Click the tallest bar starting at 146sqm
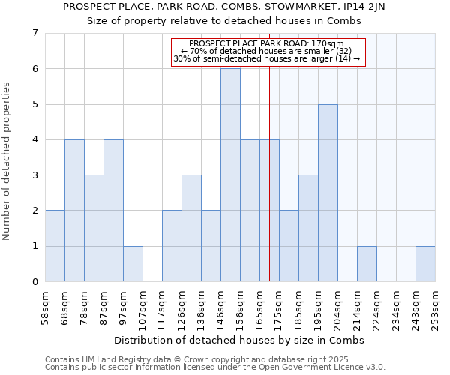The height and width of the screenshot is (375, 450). (230, 175)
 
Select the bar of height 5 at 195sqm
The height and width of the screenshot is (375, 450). (328, 193)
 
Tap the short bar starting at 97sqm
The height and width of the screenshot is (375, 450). (133, 263)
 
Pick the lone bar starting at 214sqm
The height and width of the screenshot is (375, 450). (367, 263)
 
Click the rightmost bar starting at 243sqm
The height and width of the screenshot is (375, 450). (425, 263)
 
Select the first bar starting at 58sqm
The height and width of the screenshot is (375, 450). (55, 246)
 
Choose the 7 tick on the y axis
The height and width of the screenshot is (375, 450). (34, 33)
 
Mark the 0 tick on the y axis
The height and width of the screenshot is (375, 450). (34, 282)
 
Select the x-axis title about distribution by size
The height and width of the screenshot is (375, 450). (240, 340)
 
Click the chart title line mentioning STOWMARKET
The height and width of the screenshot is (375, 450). (224, 7)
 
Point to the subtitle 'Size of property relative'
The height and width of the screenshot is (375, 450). (224, 21)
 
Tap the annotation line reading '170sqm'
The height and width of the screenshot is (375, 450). (267, 43)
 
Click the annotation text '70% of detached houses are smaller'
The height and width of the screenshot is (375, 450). (267, 51)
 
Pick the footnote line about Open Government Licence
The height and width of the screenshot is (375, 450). (215, 367)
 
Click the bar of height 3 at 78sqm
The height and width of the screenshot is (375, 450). (94, 228)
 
